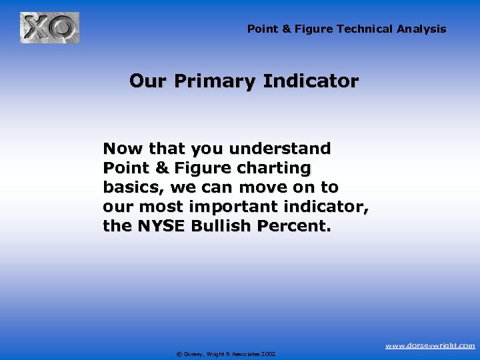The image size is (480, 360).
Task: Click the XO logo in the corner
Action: (49, 28)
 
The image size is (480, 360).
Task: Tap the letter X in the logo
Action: (36, 28)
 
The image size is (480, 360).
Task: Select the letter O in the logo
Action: (63, 29)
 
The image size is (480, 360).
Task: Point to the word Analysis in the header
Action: (421, 29)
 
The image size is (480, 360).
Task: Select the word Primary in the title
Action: (211, 81)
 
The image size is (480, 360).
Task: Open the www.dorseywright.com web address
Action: (430, 345)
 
